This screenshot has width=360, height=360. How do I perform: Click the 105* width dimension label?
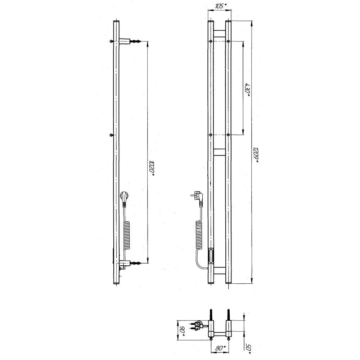point(220,6)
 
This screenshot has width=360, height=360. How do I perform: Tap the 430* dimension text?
point(248,90)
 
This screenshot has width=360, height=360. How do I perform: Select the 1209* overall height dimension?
point(256,154)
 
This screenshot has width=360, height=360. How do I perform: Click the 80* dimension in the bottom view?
point(220,348)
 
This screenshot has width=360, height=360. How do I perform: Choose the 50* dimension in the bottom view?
point(249,349)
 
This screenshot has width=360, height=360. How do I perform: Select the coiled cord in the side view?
point(127,235)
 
